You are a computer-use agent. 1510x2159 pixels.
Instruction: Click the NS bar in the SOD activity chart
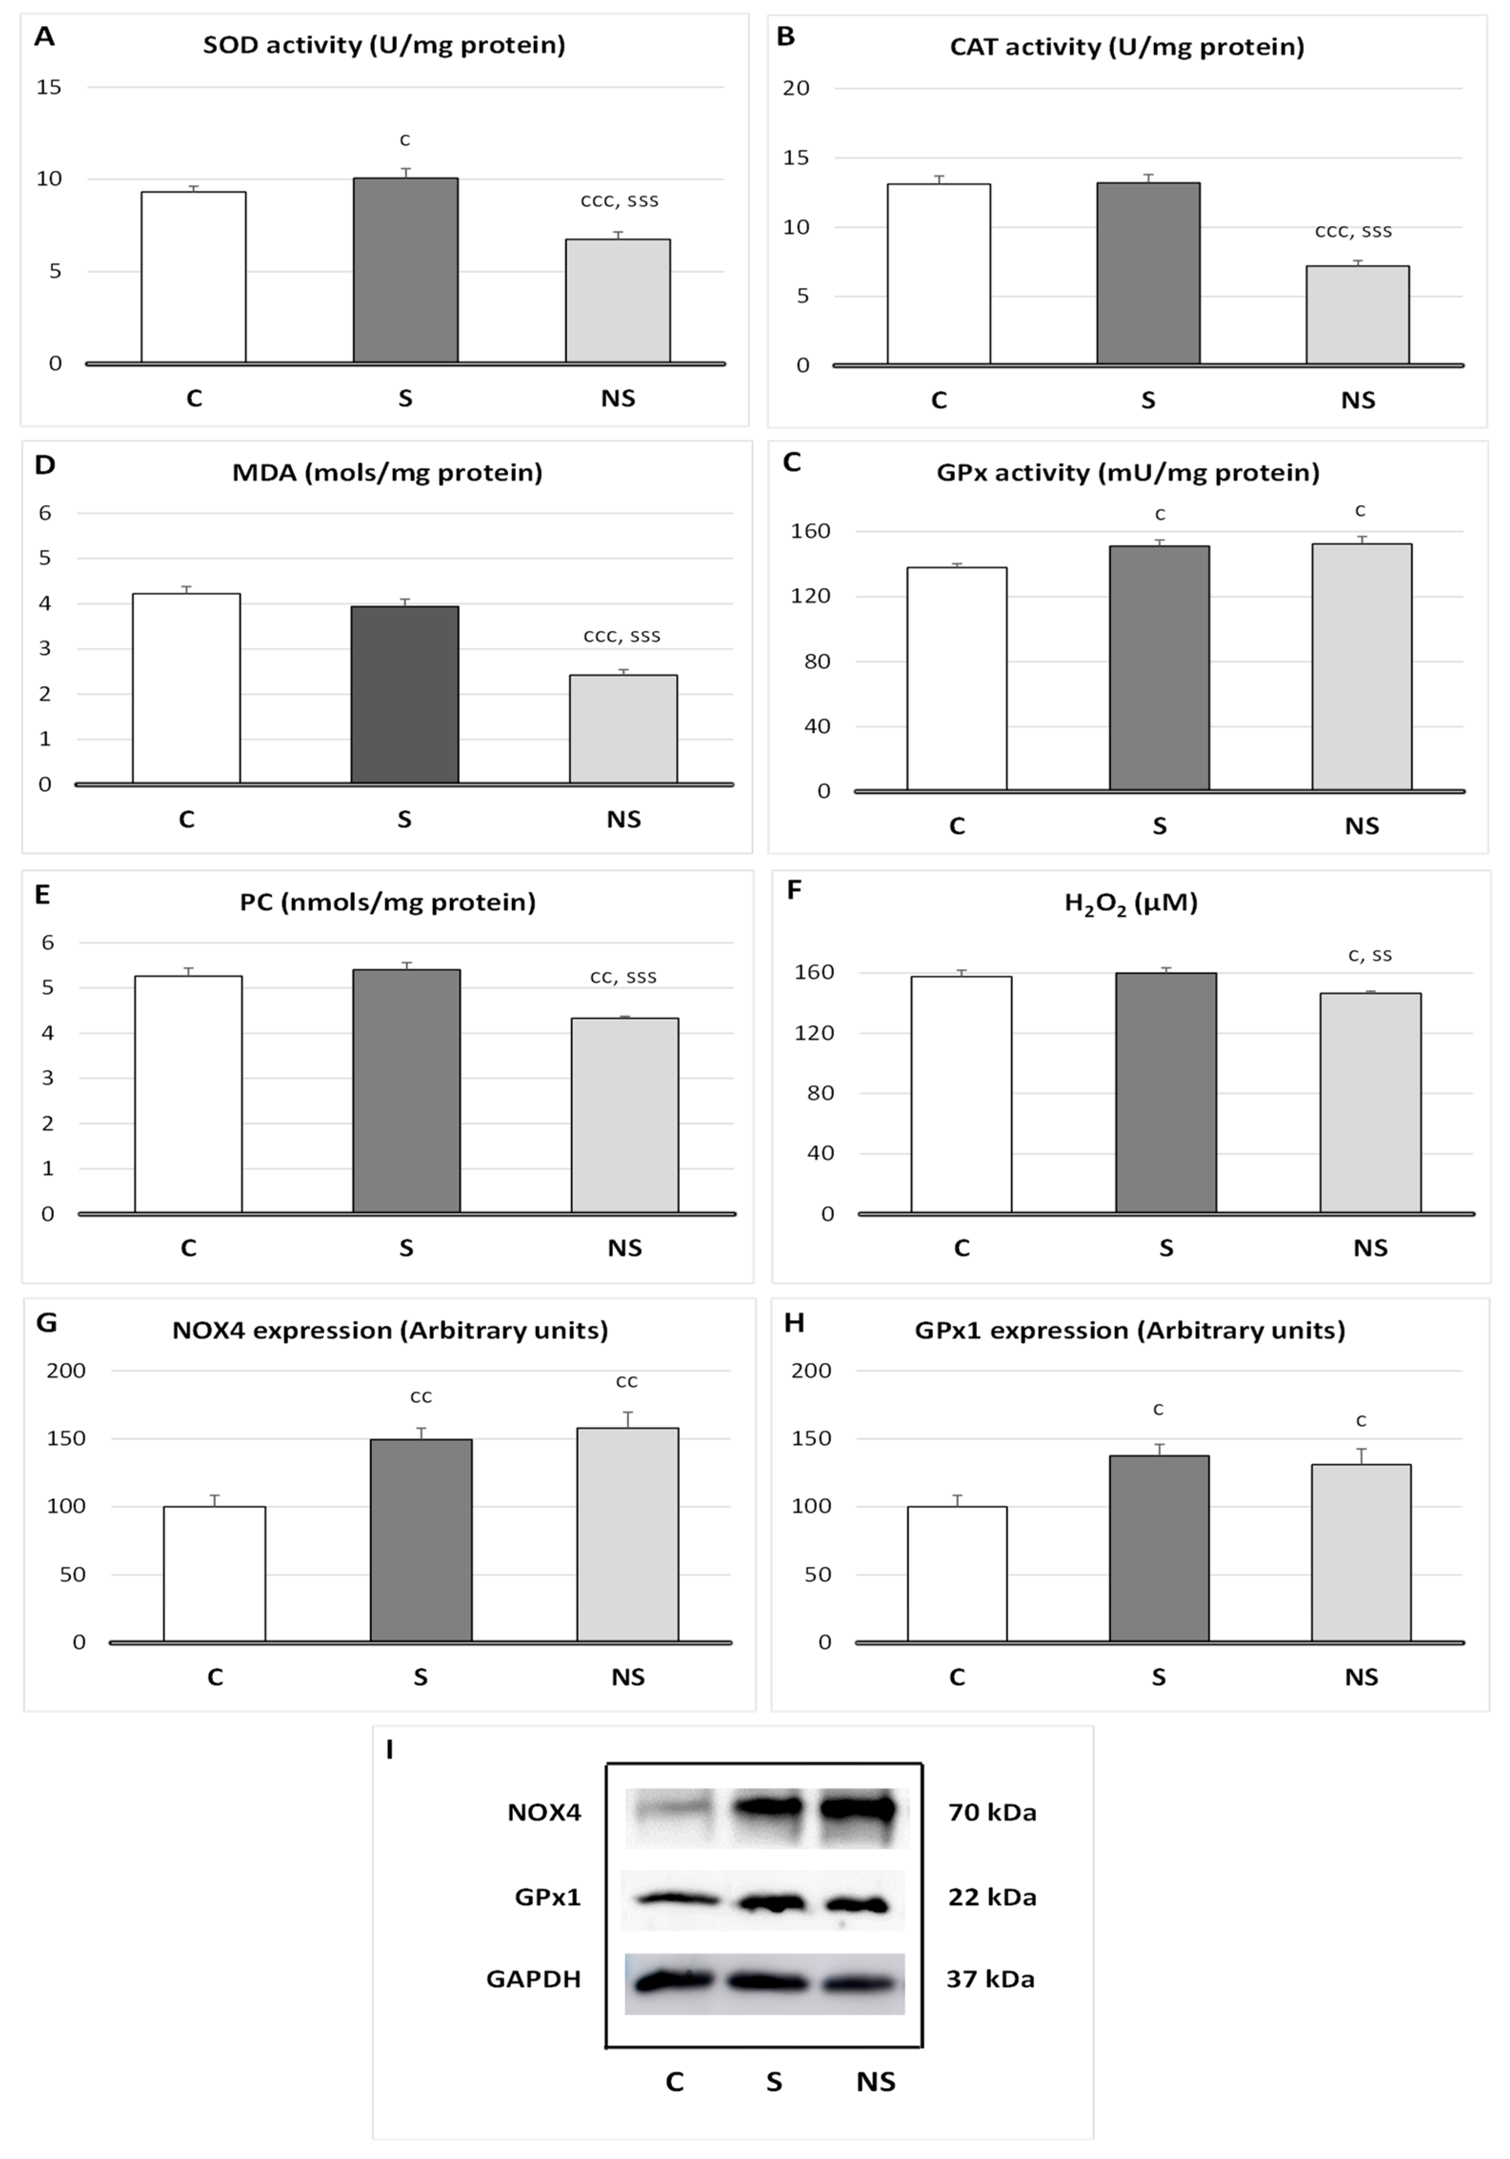pyautogui.click(x=618, y=301)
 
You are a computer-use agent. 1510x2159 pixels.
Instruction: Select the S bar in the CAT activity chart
pyautogui.click(x=1148, y=273)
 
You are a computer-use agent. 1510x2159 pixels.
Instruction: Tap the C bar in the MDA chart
pyautogui.click(x=186, y=688)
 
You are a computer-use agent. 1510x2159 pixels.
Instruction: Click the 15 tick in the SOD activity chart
pyautogui.click(x=49, y=88)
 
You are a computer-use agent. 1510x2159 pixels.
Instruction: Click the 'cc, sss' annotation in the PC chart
pyautogui.click(x=622, y=977)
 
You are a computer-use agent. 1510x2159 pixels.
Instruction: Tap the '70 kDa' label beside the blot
pyautogui.click(x=992, y=1812)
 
